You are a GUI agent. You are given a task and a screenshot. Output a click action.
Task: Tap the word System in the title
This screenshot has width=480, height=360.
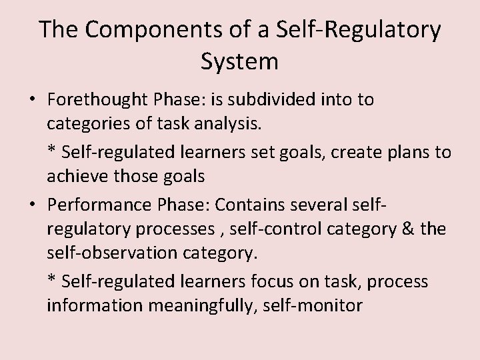click(239, 62)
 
